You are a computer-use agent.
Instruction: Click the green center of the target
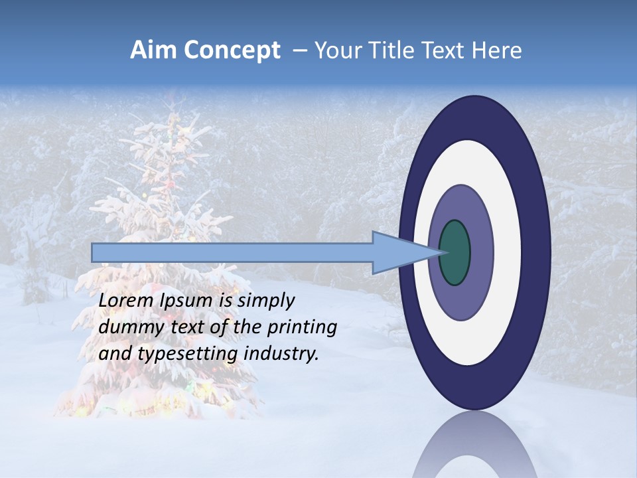(455, 252)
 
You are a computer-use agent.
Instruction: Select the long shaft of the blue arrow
(232, 252)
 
